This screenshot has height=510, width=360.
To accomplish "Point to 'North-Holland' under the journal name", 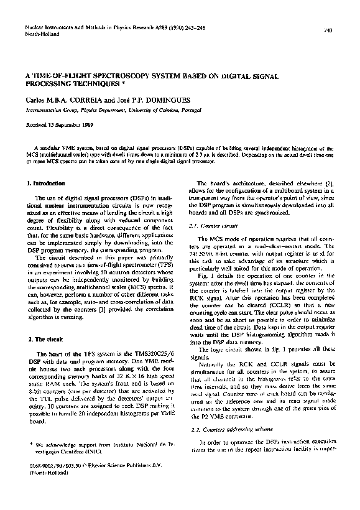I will click(42, 35).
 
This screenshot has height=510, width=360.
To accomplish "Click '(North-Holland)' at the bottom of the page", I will click(50, 474).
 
